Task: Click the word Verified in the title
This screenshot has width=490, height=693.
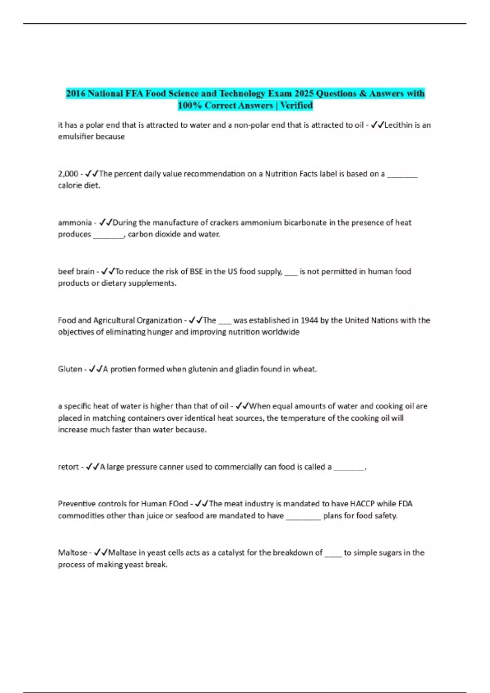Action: tap(296, 106)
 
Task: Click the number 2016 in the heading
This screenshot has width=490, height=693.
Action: tap(76, 93)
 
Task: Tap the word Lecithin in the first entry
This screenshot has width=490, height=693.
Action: tap(399, 125)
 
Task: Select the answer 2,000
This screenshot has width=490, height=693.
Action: tap(68, 174)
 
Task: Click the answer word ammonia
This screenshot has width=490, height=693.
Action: tap(75, 223)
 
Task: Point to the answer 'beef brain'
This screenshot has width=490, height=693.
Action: tap(76, 271)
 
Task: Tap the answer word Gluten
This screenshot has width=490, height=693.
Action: tap(70, 369)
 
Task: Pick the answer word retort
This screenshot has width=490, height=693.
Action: tap(68, 467)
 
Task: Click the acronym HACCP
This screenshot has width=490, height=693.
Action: tap(362, 504)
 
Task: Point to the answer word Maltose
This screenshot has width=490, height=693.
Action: tap(72, 553)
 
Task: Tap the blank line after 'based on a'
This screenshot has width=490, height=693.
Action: tap(402, 176)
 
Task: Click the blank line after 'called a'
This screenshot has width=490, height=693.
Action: tap(349, 469)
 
